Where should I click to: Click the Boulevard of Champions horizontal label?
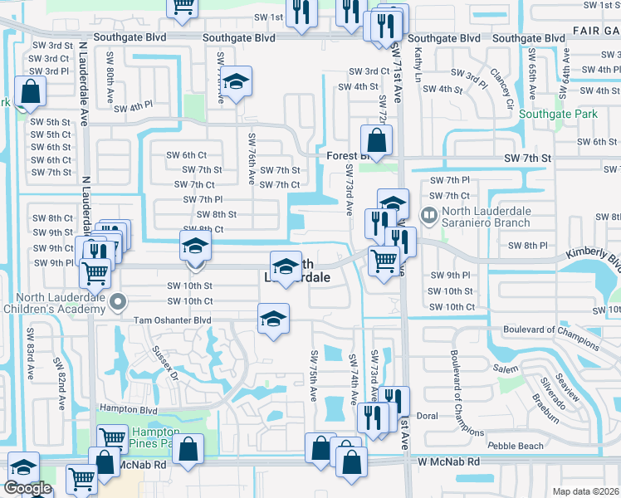pyautogui.click(x=551, y=330)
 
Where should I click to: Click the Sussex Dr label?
pyautogui.click(x=166, y=363)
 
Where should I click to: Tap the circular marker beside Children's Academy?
pyautogui.click(x=119, y=301)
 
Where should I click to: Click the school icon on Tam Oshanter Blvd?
pyautogui.click(x=272, y=318)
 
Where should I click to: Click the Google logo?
pyautogui.click(x=27, y=488)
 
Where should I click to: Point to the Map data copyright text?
pyautogui.click(x=586, y=491)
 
